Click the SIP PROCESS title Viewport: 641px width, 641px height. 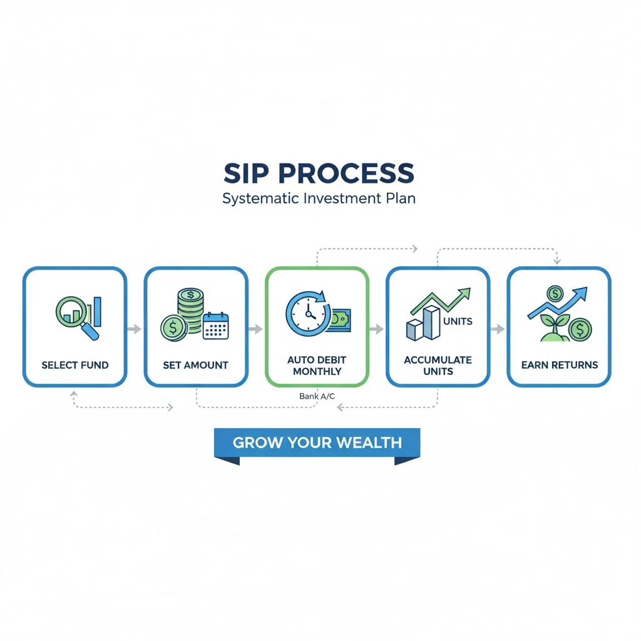pos(319,173)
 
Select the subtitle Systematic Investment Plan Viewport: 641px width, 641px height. pos(319,199)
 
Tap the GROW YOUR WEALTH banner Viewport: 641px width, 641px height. pos(317,443)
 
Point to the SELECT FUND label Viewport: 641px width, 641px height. pos(75,365)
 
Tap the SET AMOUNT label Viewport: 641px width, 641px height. pos(195,365)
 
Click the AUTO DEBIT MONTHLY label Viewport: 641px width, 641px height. pos(317,366)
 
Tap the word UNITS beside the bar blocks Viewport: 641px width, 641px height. pos(458,322)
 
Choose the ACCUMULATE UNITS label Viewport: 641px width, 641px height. pos(438,366)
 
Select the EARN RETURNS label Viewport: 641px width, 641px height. pos(559,365)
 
